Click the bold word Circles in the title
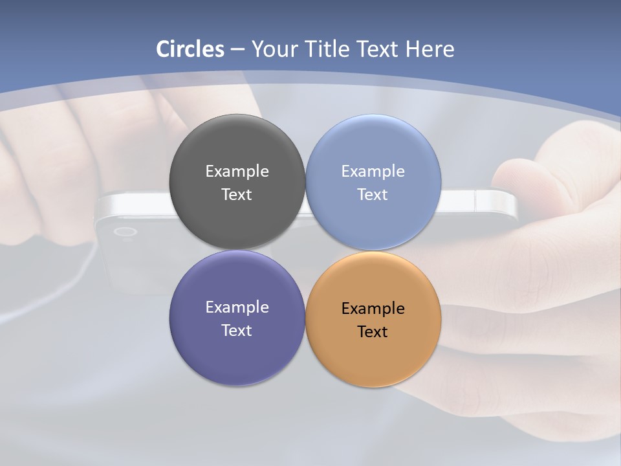[x=190, y=49]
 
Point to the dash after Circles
[x=237, y=50]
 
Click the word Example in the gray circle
[x=237, y=172]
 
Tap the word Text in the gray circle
[x=237, y=195]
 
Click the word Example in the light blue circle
[x=373, y=172]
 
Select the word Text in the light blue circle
[x=373, y=195]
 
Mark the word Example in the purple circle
[x=237, y=307]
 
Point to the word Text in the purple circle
[x=237, y=331]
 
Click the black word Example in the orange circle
[x=373, y=309]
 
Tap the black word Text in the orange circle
[x=373, y=332]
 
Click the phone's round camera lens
[x=125, y=232]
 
